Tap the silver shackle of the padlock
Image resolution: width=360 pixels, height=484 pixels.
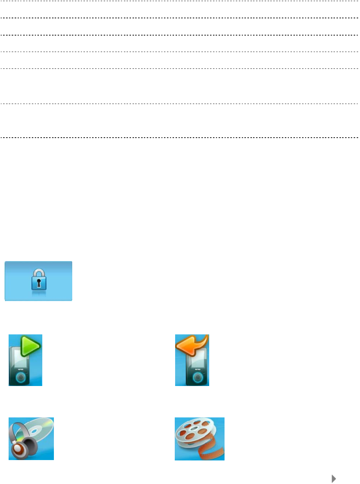(39, 273)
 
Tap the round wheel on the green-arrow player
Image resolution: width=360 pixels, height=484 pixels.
(21, 378)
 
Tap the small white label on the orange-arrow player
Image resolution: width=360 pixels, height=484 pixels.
(198, 370)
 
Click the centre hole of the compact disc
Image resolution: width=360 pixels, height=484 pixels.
(34, 431)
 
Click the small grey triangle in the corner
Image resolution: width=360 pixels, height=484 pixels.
(334, 479)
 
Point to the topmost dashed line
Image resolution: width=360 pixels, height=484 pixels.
(180, 1)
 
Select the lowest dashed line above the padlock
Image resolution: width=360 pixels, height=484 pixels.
(180, 138)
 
